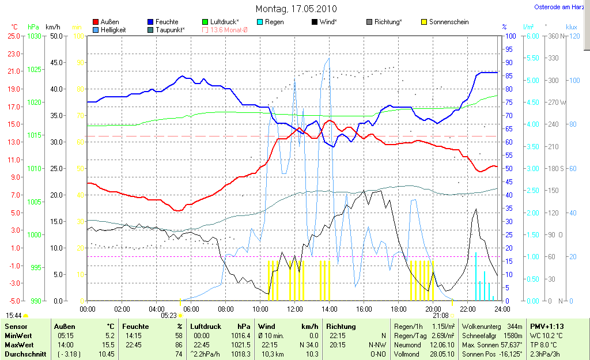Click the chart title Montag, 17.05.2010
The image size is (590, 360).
click(296, 9)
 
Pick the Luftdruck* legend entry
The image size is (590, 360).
click(224, 22)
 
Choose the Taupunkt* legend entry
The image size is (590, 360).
click(170, 29)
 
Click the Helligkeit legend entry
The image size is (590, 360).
click(113, 29)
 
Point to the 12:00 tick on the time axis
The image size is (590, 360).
click(295, 309)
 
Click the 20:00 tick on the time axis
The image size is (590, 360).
click(433, 309)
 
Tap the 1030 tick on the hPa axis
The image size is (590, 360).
click(35, 36)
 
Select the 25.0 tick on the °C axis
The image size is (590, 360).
click(13, 36)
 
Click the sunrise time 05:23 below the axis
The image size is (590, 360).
click(168, 316)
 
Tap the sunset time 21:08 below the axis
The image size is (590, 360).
click(440, 316)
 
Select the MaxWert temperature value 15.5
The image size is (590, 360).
click(108, 344)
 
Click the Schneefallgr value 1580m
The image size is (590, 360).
click(513, 335)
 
